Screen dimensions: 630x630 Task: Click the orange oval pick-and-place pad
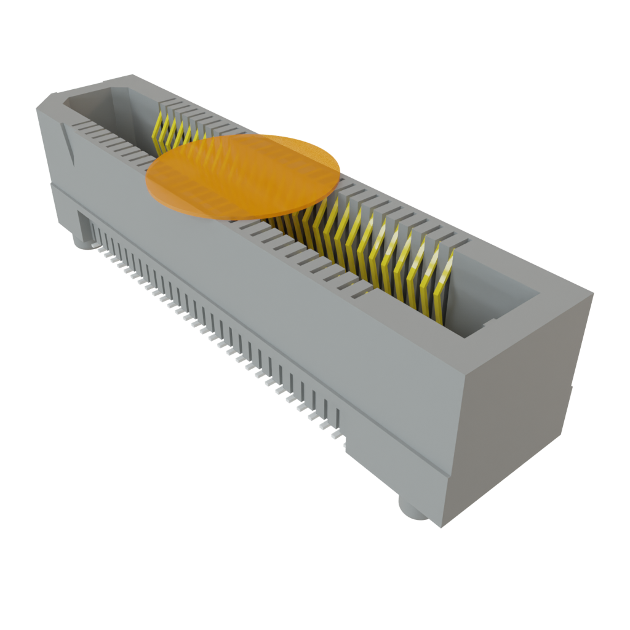243,176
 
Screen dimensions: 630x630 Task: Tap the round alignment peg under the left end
82,242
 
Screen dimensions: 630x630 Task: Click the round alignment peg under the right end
411,510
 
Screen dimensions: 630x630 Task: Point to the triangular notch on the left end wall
68,143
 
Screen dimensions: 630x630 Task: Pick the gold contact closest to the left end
159,132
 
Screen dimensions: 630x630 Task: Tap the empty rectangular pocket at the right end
492,295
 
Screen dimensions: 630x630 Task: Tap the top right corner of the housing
593,293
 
